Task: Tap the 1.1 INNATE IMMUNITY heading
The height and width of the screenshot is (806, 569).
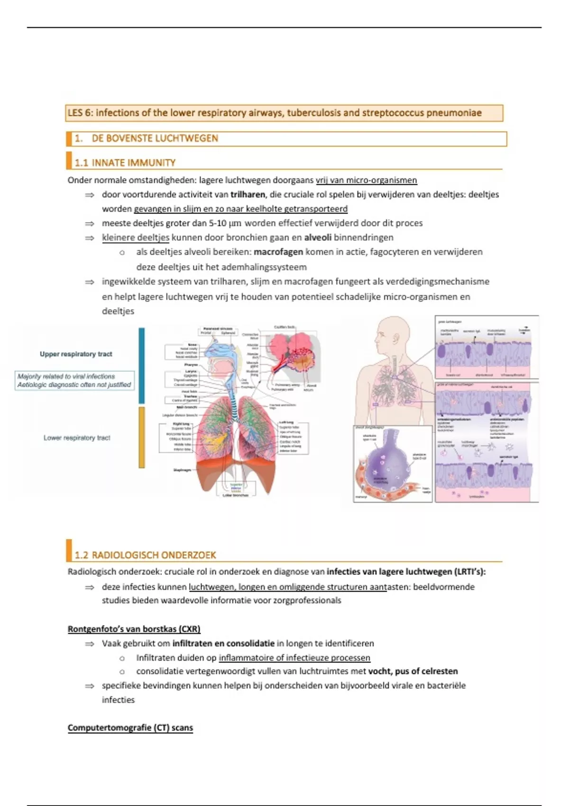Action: (125, 163)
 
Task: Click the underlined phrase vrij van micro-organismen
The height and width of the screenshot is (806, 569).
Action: (366, 180)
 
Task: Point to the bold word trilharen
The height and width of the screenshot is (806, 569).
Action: (248, 194)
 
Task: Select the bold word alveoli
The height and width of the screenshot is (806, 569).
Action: (317, 238)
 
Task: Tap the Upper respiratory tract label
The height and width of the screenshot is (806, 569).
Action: (76, 354)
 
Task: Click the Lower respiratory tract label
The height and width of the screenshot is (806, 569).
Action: (77, 438)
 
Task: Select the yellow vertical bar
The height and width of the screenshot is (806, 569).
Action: (141, 437)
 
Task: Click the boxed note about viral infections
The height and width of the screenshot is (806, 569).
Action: (74, 380)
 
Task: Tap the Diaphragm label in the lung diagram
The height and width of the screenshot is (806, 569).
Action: (183, 470)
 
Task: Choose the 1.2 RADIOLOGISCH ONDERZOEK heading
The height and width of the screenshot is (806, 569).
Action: (145, 555)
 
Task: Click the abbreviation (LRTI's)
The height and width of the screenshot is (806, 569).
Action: (469, 572)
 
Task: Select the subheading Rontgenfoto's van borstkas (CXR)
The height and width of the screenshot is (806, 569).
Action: (134, 629)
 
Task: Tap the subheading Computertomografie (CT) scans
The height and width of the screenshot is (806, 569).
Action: (130, 728)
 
